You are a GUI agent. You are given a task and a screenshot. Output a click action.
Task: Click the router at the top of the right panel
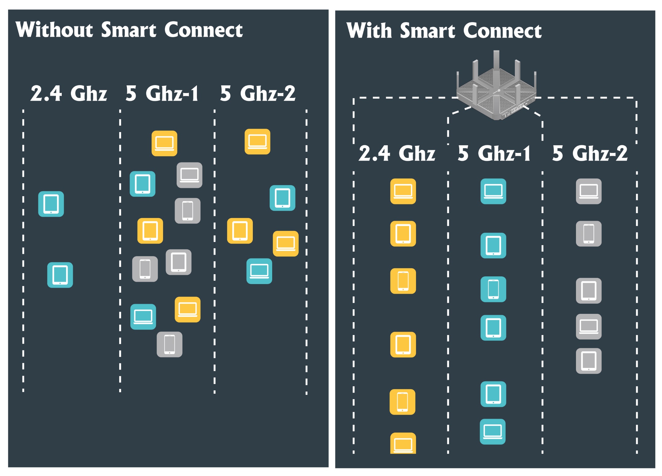[x=496, y=89]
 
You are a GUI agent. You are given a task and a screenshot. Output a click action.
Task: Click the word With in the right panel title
[x=369, y=31]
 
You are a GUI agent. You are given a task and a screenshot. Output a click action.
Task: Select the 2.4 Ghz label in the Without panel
[x=69, y=93]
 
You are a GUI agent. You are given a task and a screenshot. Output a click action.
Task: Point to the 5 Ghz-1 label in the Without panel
[x=162, y=93]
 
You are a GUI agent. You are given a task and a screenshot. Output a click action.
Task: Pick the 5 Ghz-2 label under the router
[x=590, y=153]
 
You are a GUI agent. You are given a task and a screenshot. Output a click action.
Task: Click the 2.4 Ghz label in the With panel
[x=397, y=153]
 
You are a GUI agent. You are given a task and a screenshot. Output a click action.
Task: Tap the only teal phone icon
[x=493, y=289]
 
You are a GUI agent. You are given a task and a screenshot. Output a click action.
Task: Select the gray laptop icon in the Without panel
[x=189, y=175]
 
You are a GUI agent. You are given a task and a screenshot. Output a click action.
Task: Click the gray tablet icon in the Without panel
[x=178, y=262]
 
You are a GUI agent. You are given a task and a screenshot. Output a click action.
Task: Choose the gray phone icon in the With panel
[x=589, y=234]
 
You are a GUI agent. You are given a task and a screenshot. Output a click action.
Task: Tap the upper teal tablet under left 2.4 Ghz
[x=51, y=204]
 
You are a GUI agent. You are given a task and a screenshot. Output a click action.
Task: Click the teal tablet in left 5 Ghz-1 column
[x=143, y=184]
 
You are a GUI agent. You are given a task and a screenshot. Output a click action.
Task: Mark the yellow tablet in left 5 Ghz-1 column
[x=150, y=231]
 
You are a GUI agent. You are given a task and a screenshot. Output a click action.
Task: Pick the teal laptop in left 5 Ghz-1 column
[x=143, y=317]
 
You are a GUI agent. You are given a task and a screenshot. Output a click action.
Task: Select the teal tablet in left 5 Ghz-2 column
[x=282, y=198]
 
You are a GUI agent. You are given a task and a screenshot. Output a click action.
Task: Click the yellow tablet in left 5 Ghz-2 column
[x=240, y=231]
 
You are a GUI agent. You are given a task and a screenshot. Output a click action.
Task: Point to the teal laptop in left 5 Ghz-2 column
[x=259, y=271]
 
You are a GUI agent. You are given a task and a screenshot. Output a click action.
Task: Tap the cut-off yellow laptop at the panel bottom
[x=403, y=444]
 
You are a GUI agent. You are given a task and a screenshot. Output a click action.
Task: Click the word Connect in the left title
[x=203, y=30]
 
